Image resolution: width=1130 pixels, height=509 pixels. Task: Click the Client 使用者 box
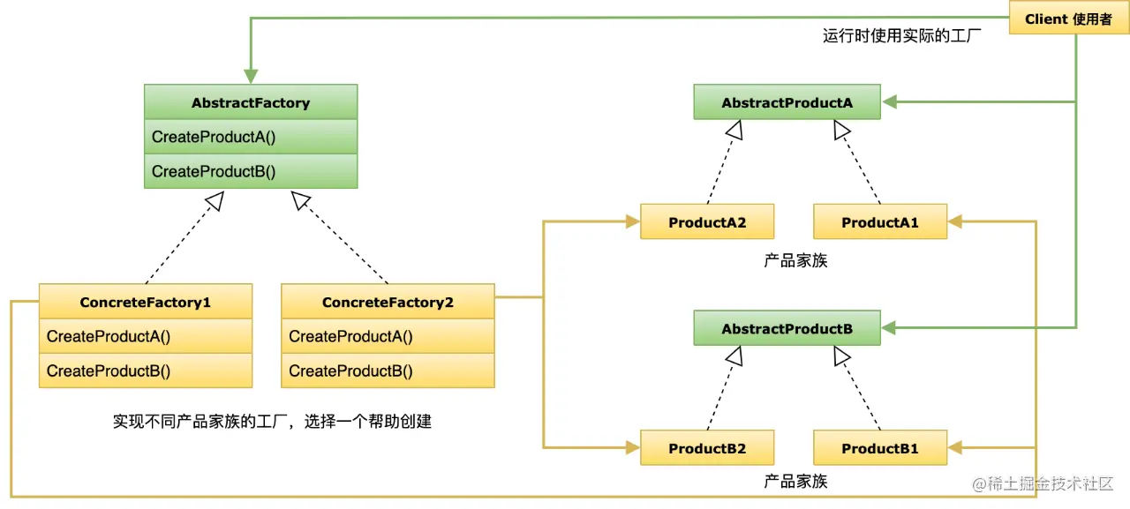click(x=1068, y=19)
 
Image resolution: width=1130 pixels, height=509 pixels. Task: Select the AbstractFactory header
click(x=251, y=102)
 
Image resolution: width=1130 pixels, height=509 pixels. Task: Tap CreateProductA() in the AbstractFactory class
click(x=251, y=137)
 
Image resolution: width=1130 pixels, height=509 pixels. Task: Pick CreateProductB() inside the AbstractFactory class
click(x=251, y=171)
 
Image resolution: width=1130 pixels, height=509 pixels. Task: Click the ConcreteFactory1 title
click(x=146, y=302)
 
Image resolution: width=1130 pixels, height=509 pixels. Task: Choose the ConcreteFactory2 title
click(x=388, y=302)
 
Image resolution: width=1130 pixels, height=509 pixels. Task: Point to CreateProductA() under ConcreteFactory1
click(x=146, y=336)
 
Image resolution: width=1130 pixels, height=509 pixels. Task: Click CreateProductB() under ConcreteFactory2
click(x=388, y=371)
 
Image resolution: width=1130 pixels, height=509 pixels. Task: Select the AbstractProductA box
click(x=787, y=102)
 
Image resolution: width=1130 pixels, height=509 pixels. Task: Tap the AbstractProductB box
click(x=787, y=328)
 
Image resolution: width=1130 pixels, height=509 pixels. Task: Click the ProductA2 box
click(x=707, y=222)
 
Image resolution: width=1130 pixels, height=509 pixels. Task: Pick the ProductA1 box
click(x=879, y=222)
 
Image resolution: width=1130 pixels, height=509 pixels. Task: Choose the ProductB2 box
click(x=707, y=448)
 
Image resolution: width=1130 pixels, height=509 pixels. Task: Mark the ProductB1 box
click(x=879, y=448)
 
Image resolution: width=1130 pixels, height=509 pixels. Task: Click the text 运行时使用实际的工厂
click(x=902, y=36)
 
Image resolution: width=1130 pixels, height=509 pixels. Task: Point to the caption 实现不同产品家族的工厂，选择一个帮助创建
click(x=272, y=421)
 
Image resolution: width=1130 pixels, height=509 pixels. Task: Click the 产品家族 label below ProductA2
click(x=795, y=261)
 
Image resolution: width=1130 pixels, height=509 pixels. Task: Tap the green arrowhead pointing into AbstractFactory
click(x=251, y=77)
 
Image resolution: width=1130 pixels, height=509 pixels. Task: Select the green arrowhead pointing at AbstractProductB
click(x=888, y=328)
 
